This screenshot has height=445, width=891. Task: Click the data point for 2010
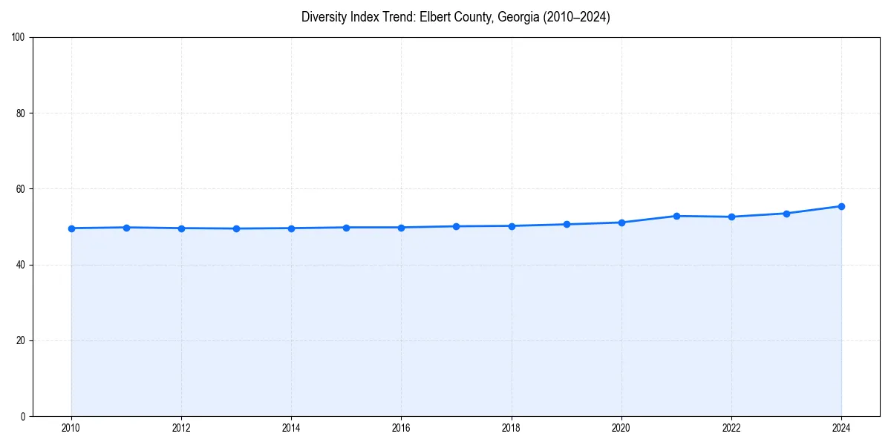(x=71, y=228)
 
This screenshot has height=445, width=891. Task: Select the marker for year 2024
(x=841, y=206)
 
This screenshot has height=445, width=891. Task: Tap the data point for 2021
(x=676, y=216)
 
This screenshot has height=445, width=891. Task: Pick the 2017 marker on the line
(x=457, y=226)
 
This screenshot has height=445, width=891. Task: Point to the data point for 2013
(x=236, y=228)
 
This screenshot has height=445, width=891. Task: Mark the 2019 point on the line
(x=567, y=224)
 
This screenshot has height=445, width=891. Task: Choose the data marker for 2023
(x=786, y=214)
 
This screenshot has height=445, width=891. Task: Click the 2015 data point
(x=346, y=228)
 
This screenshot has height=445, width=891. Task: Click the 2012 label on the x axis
(x=181, y=427)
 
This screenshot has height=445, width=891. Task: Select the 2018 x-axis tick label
(x=511, y=427)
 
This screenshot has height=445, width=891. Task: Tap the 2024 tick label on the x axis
(x=841, y=427)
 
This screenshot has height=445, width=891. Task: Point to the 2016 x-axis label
(x=401, y=427)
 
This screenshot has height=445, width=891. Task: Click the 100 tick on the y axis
(x=19, y=38)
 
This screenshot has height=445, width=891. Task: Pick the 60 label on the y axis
(x=21, y=189)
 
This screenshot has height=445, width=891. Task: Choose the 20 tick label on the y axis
(x=21, y=340)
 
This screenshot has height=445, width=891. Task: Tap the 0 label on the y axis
(x=23, y=416)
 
